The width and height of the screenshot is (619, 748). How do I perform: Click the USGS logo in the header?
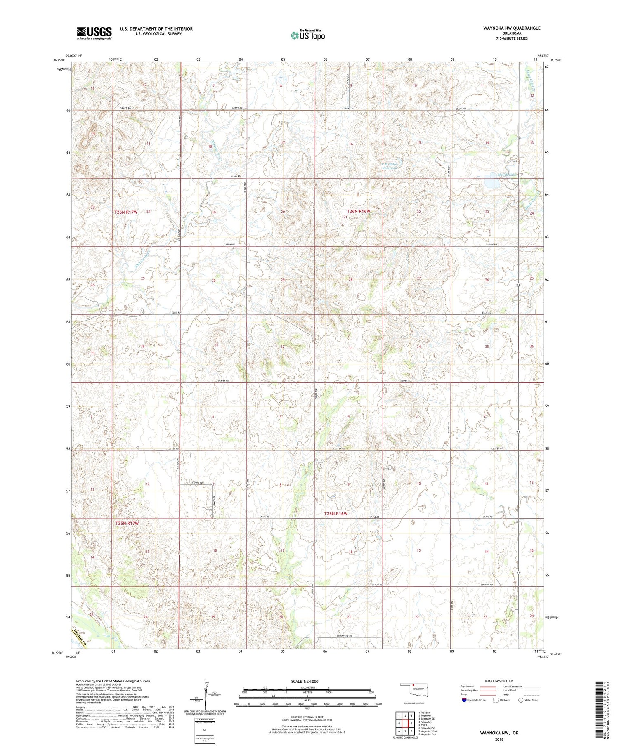point(94,33)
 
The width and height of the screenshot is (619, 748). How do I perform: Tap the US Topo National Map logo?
point(308,35)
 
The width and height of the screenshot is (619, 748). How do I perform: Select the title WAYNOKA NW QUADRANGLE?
point(506,28)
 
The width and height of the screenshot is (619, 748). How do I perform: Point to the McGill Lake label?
point(506,175)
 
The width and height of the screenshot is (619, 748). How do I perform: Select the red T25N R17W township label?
point(127,523)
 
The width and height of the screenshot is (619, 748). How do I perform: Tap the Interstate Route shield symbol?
point(464,700)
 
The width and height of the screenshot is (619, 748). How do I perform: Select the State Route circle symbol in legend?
point(521,700)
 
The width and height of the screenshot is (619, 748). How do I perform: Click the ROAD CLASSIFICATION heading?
point(499,681)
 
